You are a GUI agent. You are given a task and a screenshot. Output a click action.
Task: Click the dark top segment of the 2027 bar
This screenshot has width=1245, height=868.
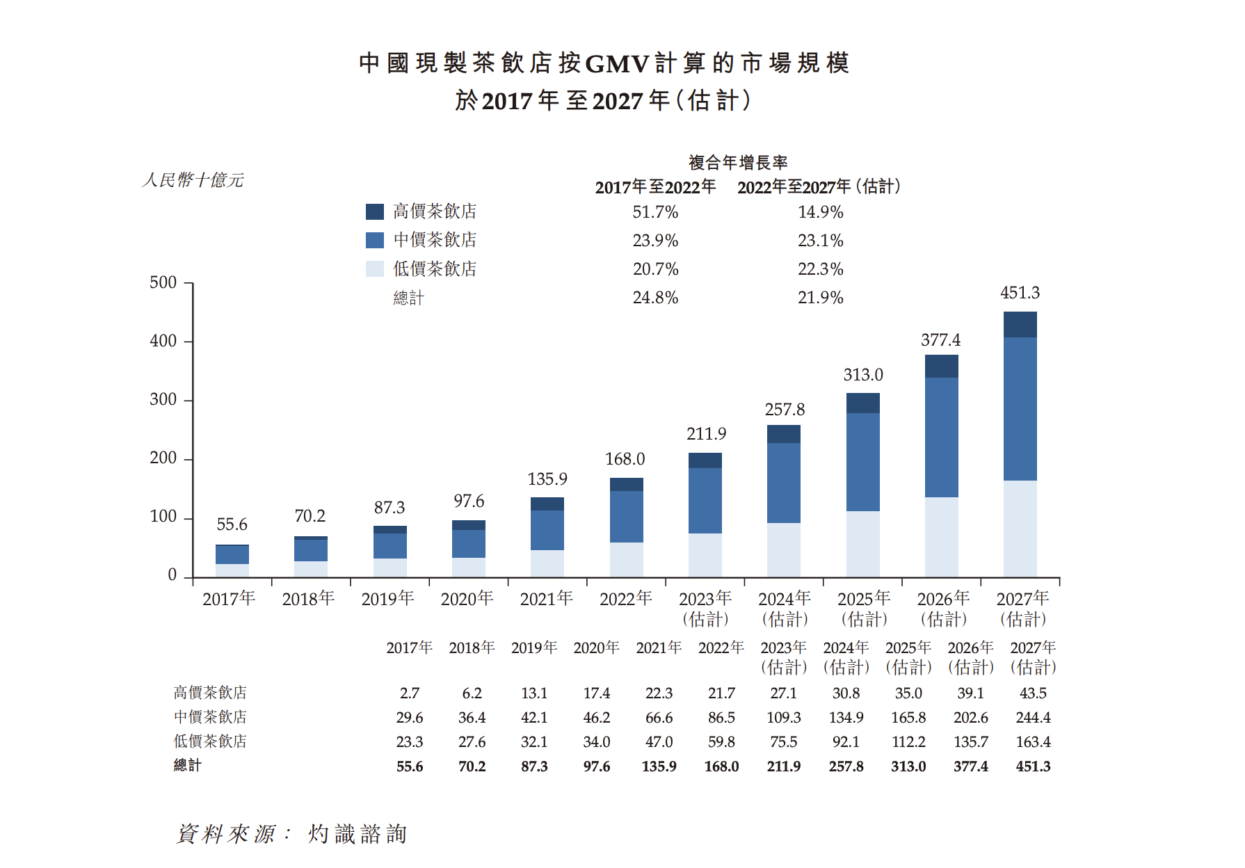coord(1020,325)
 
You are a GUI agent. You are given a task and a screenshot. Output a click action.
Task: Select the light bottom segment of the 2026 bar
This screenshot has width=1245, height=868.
coord(941,536)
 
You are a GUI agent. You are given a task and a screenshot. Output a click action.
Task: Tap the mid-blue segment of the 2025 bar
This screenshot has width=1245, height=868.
coord(862,462)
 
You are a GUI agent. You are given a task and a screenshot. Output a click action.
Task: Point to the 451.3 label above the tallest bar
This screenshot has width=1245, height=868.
coord(1020,293)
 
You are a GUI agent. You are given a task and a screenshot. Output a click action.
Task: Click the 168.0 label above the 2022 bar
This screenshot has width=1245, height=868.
coord(625,459)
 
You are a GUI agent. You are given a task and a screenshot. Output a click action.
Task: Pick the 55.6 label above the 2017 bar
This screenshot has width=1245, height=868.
coord(232,524)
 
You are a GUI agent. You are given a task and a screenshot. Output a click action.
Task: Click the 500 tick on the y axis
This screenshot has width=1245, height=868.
coord(163,282)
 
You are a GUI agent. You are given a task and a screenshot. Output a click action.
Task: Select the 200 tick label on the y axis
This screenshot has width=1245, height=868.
coord(163,458)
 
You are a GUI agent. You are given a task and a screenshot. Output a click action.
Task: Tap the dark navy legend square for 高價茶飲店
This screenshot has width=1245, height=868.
coord(375,211)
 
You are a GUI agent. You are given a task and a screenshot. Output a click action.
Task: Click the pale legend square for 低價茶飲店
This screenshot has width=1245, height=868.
coord(375,268)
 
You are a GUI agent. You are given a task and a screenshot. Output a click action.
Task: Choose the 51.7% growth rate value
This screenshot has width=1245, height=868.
coord(655,212)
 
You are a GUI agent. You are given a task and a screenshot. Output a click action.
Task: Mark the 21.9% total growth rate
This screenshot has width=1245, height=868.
coord(820,298)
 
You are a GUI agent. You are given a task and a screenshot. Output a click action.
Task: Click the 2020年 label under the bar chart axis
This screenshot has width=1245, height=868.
coord(467,599)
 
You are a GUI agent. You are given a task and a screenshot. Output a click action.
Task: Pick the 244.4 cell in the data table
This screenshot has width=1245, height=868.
coord(1033,718)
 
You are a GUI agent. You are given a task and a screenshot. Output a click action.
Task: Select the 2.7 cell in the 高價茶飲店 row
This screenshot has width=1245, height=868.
coord(410,693)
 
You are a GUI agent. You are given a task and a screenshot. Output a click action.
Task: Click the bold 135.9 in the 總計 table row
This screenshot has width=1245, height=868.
coord(659,766)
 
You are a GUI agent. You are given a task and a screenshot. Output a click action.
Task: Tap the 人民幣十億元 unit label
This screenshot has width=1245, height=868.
coord(193,180)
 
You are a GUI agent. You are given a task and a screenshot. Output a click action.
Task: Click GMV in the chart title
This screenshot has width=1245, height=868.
coord(617,64)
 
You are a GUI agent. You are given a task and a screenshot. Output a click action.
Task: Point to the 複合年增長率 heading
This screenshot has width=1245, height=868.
coord(738,163)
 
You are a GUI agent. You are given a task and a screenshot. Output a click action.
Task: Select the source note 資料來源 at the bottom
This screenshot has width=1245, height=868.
coord(226,833)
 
